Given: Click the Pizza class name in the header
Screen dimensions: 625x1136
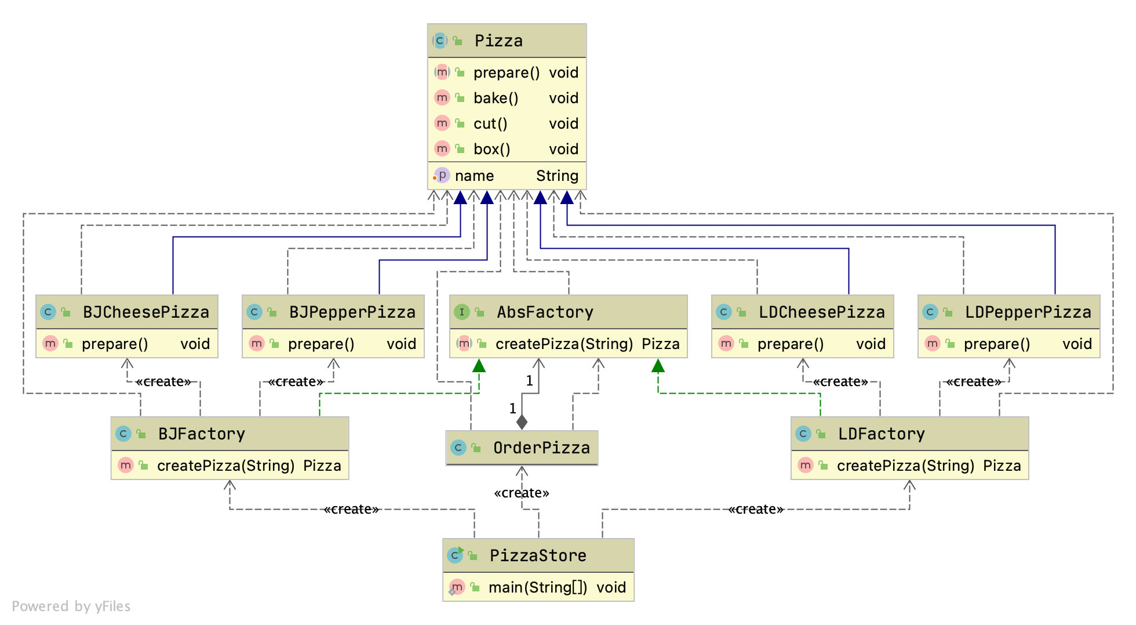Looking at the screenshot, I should (x=498, y=41).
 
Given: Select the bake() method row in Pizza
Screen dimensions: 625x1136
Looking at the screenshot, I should (x=496, y=98).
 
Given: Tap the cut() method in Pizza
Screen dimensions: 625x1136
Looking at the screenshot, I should (x=490, y=123).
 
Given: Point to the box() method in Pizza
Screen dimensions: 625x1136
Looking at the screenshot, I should (x=491, y=149).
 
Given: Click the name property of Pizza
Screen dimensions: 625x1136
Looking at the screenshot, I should (x=474, y=176).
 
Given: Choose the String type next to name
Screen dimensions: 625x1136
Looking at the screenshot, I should (x=557, y=176).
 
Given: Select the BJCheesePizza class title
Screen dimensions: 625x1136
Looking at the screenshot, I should (x=145, y=312).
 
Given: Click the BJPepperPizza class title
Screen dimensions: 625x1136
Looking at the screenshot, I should (x=352, y=312).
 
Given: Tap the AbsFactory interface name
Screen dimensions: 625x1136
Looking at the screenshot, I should (x=545, y=312).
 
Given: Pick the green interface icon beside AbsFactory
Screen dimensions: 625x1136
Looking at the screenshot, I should (x=461, y=312).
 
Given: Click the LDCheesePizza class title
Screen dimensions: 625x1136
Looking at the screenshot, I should (x=821, y=312).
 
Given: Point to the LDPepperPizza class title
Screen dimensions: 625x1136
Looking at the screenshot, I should (x=1028, y=312).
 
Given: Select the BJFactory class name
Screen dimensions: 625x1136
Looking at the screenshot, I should (x=201, y=434).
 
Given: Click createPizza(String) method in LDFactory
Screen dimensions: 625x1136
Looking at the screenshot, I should (x=905, y=466).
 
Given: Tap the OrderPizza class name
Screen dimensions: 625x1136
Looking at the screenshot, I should (x=541, y=448).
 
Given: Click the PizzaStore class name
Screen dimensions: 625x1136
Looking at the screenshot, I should (x=538, y=556).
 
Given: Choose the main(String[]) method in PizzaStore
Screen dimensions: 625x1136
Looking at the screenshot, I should (x=537, y=587).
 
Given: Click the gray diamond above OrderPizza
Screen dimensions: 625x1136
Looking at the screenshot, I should (x=522, y=422).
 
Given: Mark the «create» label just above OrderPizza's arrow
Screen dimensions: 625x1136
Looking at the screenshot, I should (x=522, y=493).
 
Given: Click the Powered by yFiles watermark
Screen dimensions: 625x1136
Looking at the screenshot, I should (x=71, y=606).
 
